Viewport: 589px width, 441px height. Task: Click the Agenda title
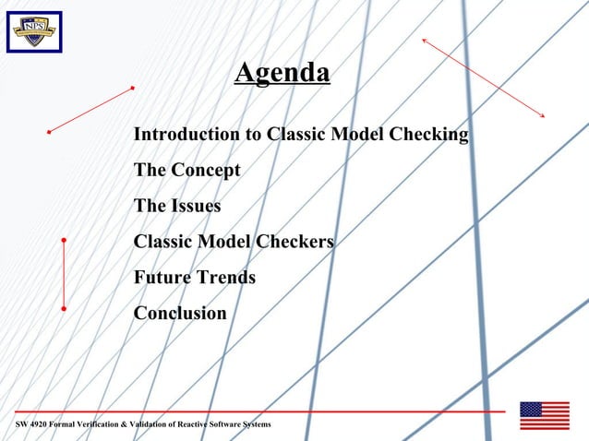click(282, 73)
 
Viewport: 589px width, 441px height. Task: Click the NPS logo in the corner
click(34, 31)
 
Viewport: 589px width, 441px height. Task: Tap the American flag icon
click(544, 415)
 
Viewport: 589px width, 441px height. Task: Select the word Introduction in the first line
click(187, 135)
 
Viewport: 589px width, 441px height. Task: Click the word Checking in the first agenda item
click(429, 135)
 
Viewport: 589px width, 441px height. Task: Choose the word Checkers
click(294, 242)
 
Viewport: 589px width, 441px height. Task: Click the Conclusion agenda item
click(180, 313)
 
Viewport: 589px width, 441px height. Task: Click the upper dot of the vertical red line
click(64, 240)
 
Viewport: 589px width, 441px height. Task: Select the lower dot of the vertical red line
click(64, 307)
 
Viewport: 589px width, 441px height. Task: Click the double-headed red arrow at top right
click(483, 77)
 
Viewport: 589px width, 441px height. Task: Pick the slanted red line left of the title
click(91, 110)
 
